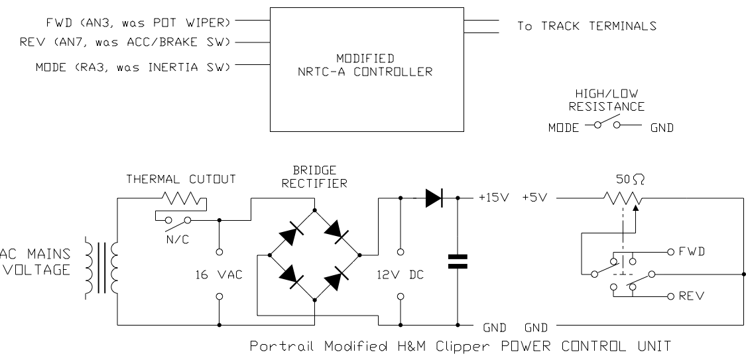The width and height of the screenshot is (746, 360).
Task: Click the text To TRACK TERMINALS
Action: [586, 27]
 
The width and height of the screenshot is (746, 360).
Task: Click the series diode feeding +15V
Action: [434, 198]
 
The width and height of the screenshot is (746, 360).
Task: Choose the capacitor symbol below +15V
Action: [457, 262]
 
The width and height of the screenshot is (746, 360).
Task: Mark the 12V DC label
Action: [400, 274]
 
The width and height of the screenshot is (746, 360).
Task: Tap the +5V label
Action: [534, 198]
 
